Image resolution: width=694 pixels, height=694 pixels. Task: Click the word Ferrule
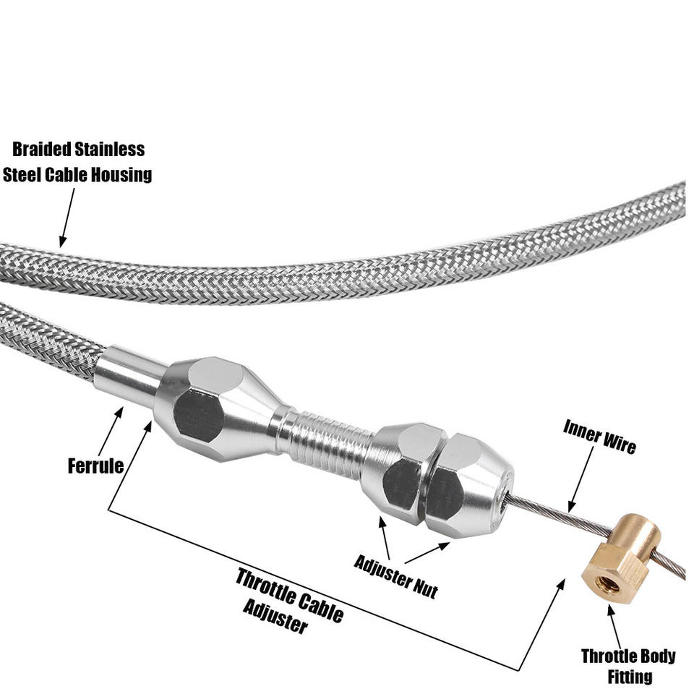pyautogui.click(x=95, y=466)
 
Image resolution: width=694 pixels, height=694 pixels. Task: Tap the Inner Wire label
pyautogui.click(x=600, y=437)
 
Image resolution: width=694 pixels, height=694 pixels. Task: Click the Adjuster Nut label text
pyautogui.click(x=395, y=577)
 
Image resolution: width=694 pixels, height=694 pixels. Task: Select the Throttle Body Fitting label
pyautogui.click(x=628, y=666)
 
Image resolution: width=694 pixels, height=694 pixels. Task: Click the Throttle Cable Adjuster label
pyautogui.click(x=290, y=600)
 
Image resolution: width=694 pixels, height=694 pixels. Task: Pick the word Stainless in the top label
pyautogui.click(x=110, y=149)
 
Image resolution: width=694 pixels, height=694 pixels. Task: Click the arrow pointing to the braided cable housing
pyautogui.click(x=67, y=218)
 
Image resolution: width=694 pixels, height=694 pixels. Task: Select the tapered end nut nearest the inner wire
pyautogui.click(x=469, y=486)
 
